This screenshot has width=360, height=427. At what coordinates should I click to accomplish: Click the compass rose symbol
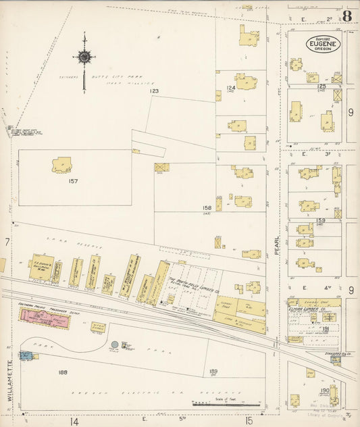(84, 58)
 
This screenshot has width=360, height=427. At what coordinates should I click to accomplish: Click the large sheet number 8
(346, 16)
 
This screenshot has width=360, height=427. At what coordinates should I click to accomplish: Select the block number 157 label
(73, 181)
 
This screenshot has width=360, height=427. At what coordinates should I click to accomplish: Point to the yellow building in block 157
(61, 164)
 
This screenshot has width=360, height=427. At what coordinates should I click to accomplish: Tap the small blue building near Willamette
(26, 355)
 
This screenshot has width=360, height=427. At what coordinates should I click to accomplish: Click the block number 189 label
(213, 371)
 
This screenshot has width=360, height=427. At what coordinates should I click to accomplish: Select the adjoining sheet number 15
(249, 421)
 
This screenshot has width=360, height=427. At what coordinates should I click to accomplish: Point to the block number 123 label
(154, 91)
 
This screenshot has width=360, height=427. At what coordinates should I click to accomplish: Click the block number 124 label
(231, 87)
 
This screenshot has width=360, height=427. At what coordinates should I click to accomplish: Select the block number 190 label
(324, 390)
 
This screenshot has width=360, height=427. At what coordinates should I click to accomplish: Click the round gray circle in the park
(115, 345)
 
